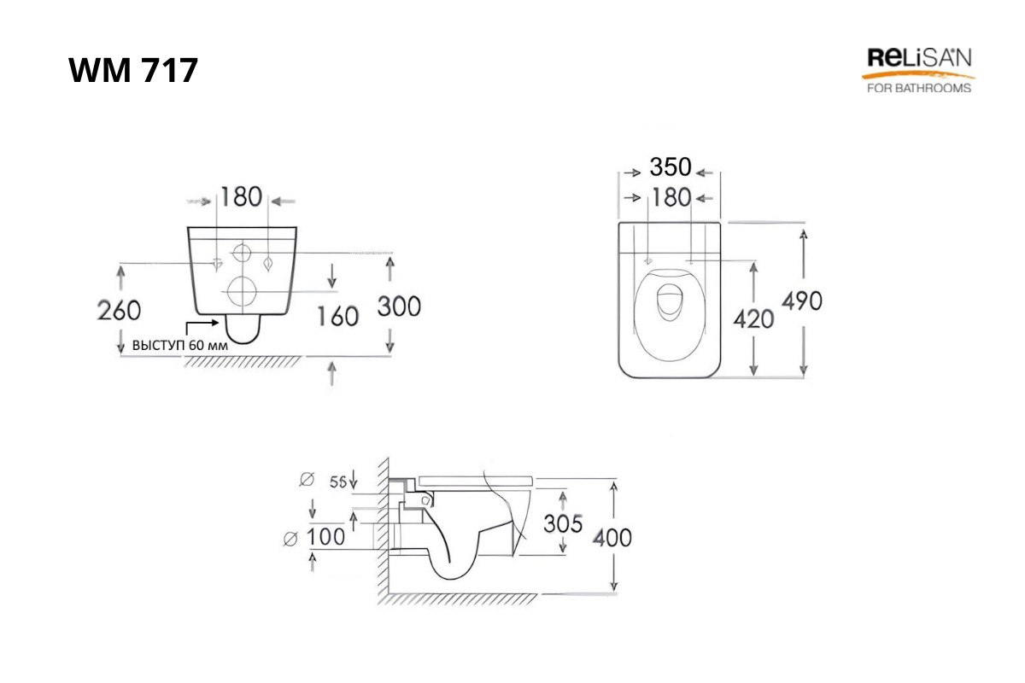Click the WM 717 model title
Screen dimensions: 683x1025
point(133,70)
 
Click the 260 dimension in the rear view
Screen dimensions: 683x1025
point(120,310)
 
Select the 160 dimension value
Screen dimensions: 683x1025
point(337,316)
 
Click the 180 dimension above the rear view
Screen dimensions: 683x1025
point(241,197)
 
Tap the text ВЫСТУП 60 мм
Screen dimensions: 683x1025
point(179,347)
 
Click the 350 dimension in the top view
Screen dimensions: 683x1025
point(671,167)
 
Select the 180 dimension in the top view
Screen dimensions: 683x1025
point(671,197)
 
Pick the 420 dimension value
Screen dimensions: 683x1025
point(754,318)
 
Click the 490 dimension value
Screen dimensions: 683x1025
point(802,301)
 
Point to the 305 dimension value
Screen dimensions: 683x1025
point(564,522)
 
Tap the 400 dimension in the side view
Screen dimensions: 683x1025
point(613,537)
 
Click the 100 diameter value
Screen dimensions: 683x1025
point(326,537)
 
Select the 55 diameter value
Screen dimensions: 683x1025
point(337,482)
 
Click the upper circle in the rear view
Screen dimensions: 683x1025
point(243,253)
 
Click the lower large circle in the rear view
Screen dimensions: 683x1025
point(241,289)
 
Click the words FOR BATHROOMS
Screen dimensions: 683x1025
point(918,88)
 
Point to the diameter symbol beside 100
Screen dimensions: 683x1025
point(290,537)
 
